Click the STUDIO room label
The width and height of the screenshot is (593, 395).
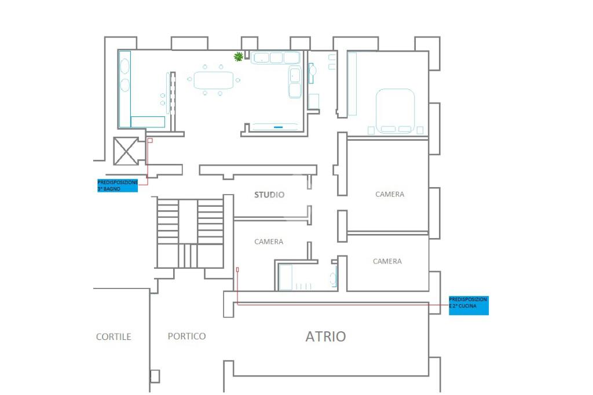(269, 195)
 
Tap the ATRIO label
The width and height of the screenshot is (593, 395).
(325, 337)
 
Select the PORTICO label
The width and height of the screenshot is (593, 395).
(186, 336)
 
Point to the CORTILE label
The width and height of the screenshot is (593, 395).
(114, 337)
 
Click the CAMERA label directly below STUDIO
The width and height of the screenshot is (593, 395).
(269, 242)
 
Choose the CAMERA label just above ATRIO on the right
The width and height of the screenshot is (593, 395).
(387, 261)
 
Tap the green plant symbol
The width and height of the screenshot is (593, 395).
(238, 56)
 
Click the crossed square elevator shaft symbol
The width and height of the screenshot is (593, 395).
(126, 151)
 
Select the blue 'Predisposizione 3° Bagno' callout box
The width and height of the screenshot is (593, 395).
(118, 185)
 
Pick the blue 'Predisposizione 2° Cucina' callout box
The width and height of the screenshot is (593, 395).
(468, 305)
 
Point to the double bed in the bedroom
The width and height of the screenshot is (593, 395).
(396, 110)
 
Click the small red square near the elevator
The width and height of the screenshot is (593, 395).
(150, 140)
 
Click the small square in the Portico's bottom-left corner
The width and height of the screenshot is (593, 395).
(155, 376)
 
